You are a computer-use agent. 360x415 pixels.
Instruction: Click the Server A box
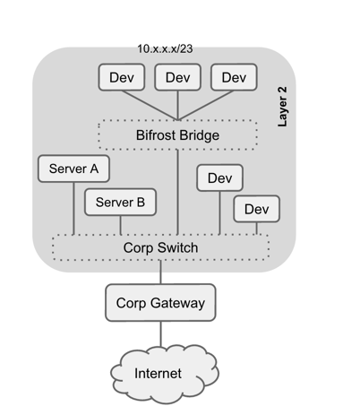(73, 169)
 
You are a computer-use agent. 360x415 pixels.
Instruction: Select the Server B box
(120, 202)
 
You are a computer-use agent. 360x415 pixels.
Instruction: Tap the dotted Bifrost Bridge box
(177, 135)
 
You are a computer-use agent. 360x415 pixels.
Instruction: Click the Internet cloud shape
(165, 374)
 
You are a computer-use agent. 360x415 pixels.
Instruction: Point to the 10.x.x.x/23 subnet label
(165, 48)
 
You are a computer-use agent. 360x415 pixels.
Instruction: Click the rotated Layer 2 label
(282, 107)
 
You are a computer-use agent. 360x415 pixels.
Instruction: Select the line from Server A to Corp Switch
(73, 208)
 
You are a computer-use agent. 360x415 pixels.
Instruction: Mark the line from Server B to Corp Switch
(121, 225)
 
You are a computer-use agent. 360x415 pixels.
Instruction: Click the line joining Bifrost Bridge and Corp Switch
(177, 192)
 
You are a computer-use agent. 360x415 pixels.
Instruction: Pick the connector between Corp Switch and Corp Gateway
(161, 272)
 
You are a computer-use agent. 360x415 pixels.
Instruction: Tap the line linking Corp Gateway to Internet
(161, 334)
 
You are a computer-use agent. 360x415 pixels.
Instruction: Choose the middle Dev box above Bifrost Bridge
(177, 77)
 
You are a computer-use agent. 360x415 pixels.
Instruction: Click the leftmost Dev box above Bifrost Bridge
(122, 77)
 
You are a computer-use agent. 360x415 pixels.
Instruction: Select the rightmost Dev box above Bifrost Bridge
(234, 77)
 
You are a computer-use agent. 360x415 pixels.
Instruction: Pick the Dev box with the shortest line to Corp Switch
(256, 209)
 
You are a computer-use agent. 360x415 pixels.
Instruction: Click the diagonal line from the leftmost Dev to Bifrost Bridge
(150, 106)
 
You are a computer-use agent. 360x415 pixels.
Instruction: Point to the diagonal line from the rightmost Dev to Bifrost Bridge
(206, 106)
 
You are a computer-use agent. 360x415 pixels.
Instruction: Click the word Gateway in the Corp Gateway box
(177, 304)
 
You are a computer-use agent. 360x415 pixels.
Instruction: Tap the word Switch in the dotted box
(177, 247)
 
